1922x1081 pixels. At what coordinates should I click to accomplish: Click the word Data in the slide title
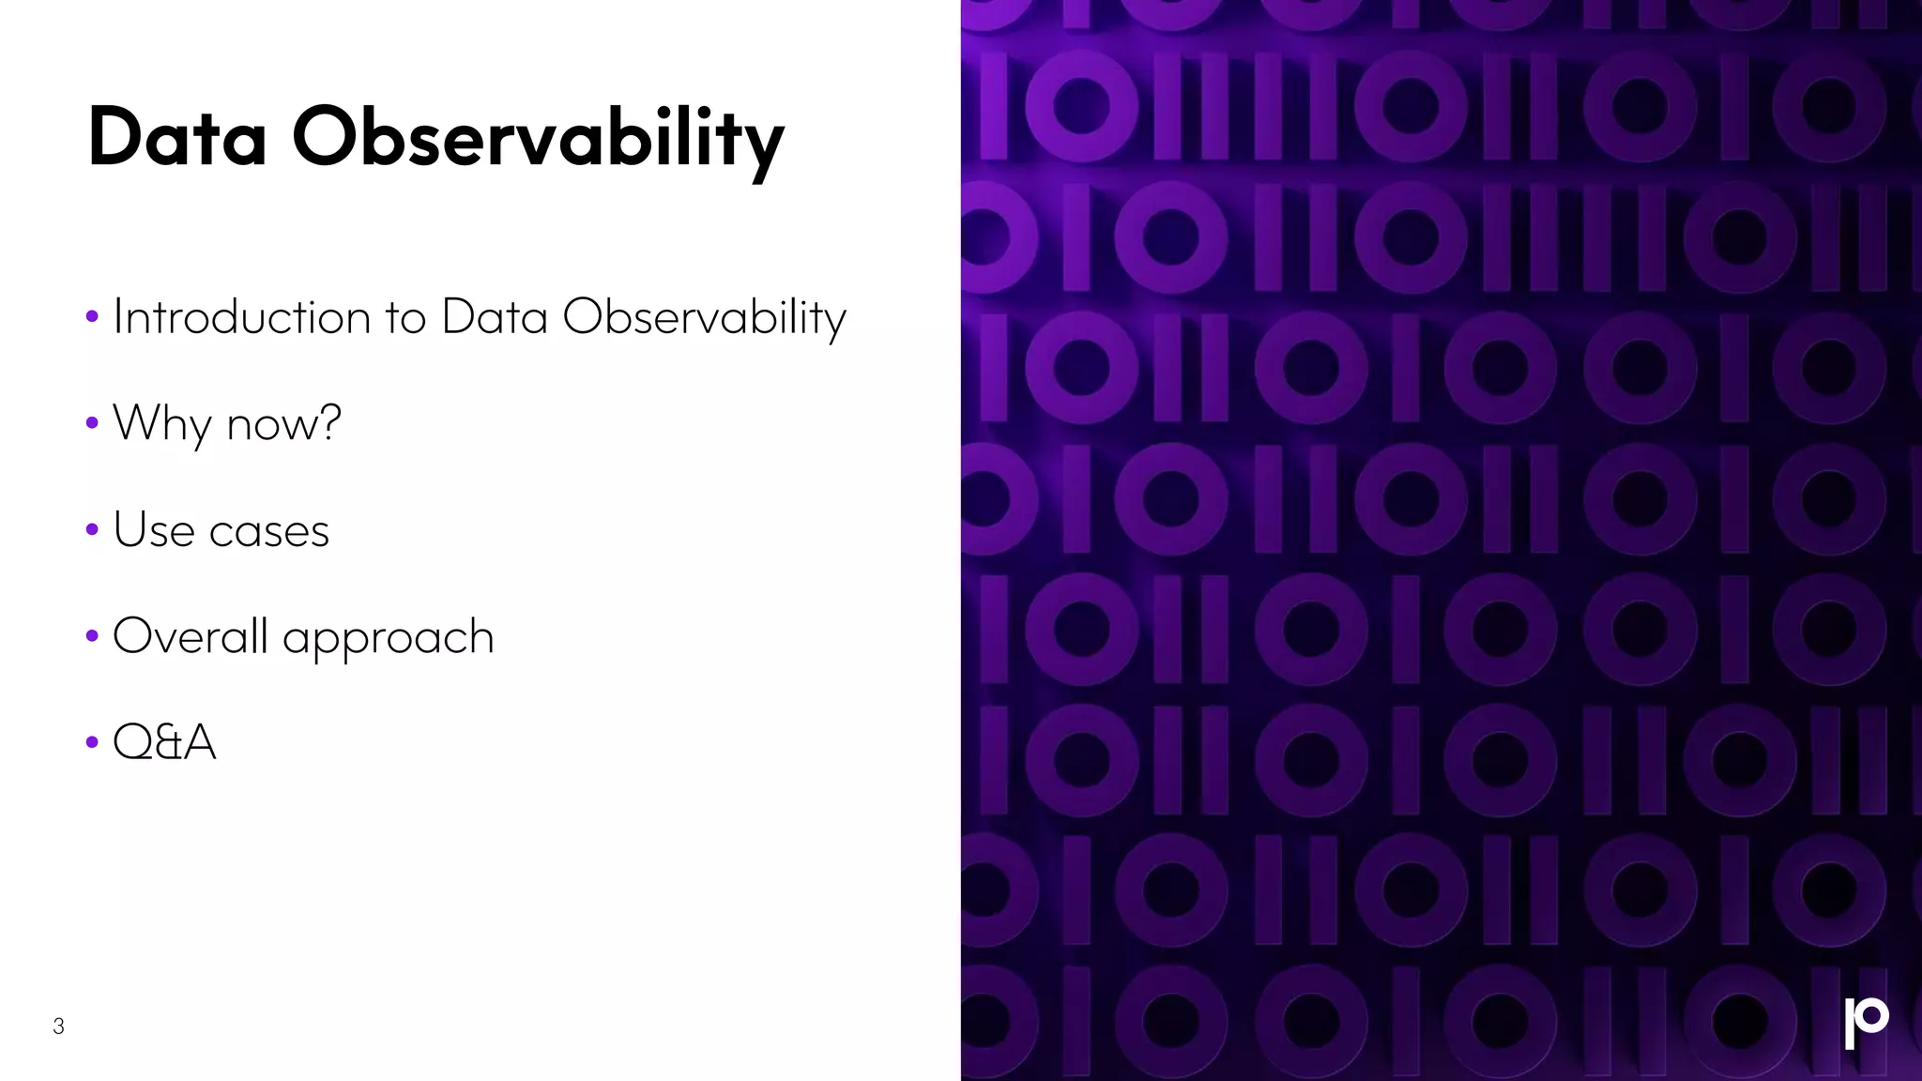[177, 139]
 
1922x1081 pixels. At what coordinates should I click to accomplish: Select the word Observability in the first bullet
[704, 318]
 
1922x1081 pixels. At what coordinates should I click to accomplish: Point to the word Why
[162, 424]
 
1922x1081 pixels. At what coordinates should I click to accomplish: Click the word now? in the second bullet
[284, 424]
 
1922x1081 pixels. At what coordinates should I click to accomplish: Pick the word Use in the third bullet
[154, 530]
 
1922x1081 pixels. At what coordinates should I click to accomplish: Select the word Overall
[191, 636]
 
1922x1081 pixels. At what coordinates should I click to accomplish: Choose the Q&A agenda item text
[164, 742]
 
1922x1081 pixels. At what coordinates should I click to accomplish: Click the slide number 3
[58, 1027]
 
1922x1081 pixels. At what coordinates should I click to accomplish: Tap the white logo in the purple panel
[1866, 1023]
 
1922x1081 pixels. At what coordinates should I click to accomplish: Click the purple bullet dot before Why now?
[92, 423]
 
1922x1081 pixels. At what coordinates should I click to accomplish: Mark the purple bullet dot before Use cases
[92, 530]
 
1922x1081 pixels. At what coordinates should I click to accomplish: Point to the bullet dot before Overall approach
[92, 636]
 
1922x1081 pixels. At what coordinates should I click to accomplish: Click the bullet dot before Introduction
[92, 317]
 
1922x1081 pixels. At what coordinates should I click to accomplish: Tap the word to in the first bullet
[405, 318]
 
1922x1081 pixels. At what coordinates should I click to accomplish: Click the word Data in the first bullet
[495, 317]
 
